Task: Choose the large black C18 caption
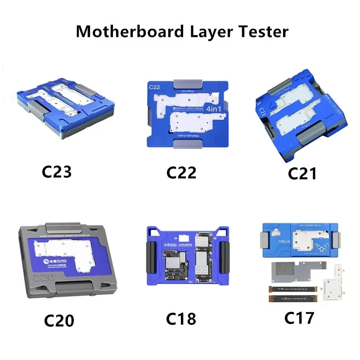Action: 181,318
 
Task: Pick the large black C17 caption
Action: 299,317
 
